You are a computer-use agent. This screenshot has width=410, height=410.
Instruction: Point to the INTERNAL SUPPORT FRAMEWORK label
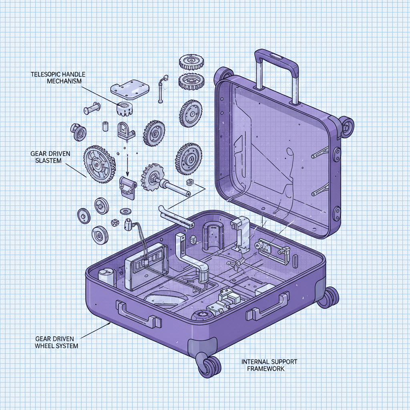coord(269,365)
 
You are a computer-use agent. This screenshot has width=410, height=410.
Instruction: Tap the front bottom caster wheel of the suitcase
coord(209,365)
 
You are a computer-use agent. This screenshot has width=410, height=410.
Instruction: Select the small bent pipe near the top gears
coord(161,87)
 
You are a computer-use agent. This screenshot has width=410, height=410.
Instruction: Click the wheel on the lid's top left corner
coord(224,74)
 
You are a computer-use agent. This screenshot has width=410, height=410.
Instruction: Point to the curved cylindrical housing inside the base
coord(214,236)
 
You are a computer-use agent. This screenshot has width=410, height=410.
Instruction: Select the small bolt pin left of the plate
coord(92,109)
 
